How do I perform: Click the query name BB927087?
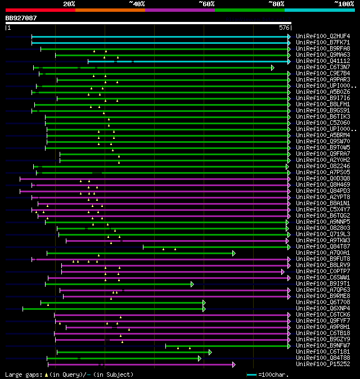point(21,18)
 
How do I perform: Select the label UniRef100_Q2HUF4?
point(323,37)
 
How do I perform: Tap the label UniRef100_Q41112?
point(323,61)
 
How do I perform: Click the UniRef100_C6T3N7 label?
point(323,67)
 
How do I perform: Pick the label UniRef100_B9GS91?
point(323,111)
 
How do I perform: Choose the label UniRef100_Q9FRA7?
point(323,154)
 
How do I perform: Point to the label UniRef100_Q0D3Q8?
point(323,179)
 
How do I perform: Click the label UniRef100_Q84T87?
point(323,247)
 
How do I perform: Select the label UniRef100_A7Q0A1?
point(323,253)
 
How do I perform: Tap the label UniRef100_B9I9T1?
point(323,284)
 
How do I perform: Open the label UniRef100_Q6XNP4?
point(323,309)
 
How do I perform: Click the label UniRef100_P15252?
point(323,364)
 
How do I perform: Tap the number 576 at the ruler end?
point(284,28)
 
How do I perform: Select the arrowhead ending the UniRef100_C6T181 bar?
point(210,352)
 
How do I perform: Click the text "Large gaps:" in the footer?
point(23,375)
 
